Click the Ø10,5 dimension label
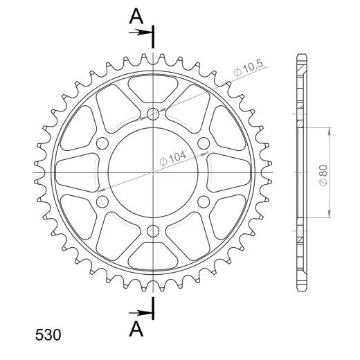pos(248,68)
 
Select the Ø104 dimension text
pos(173,159)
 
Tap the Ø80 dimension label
pos(323,175)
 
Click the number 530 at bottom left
pos(48,335)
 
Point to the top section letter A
pos(136,17)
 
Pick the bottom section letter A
pos(136,329)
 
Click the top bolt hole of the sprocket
pos(153,114)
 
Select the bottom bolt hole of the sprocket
pos(153,231)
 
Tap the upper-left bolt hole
pos(102,143)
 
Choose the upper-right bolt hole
pos(204,143)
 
